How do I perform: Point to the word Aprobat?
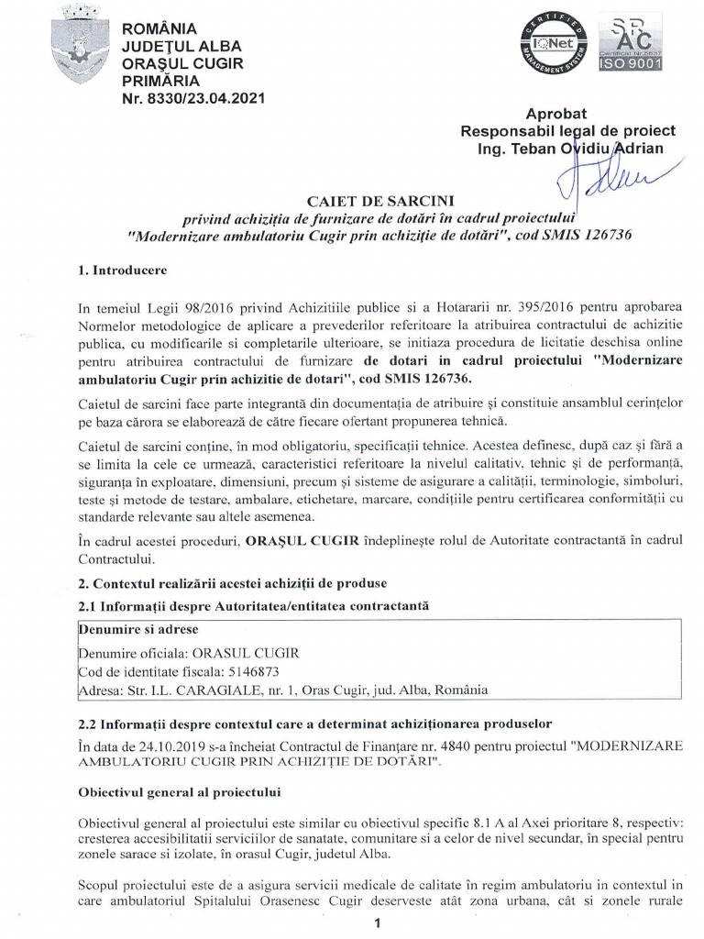tap(555, 114)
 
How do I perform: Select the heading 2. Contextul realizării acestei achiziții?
tap(233, 583)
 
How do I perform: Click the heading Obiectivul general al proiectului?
tap(180, 790)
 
